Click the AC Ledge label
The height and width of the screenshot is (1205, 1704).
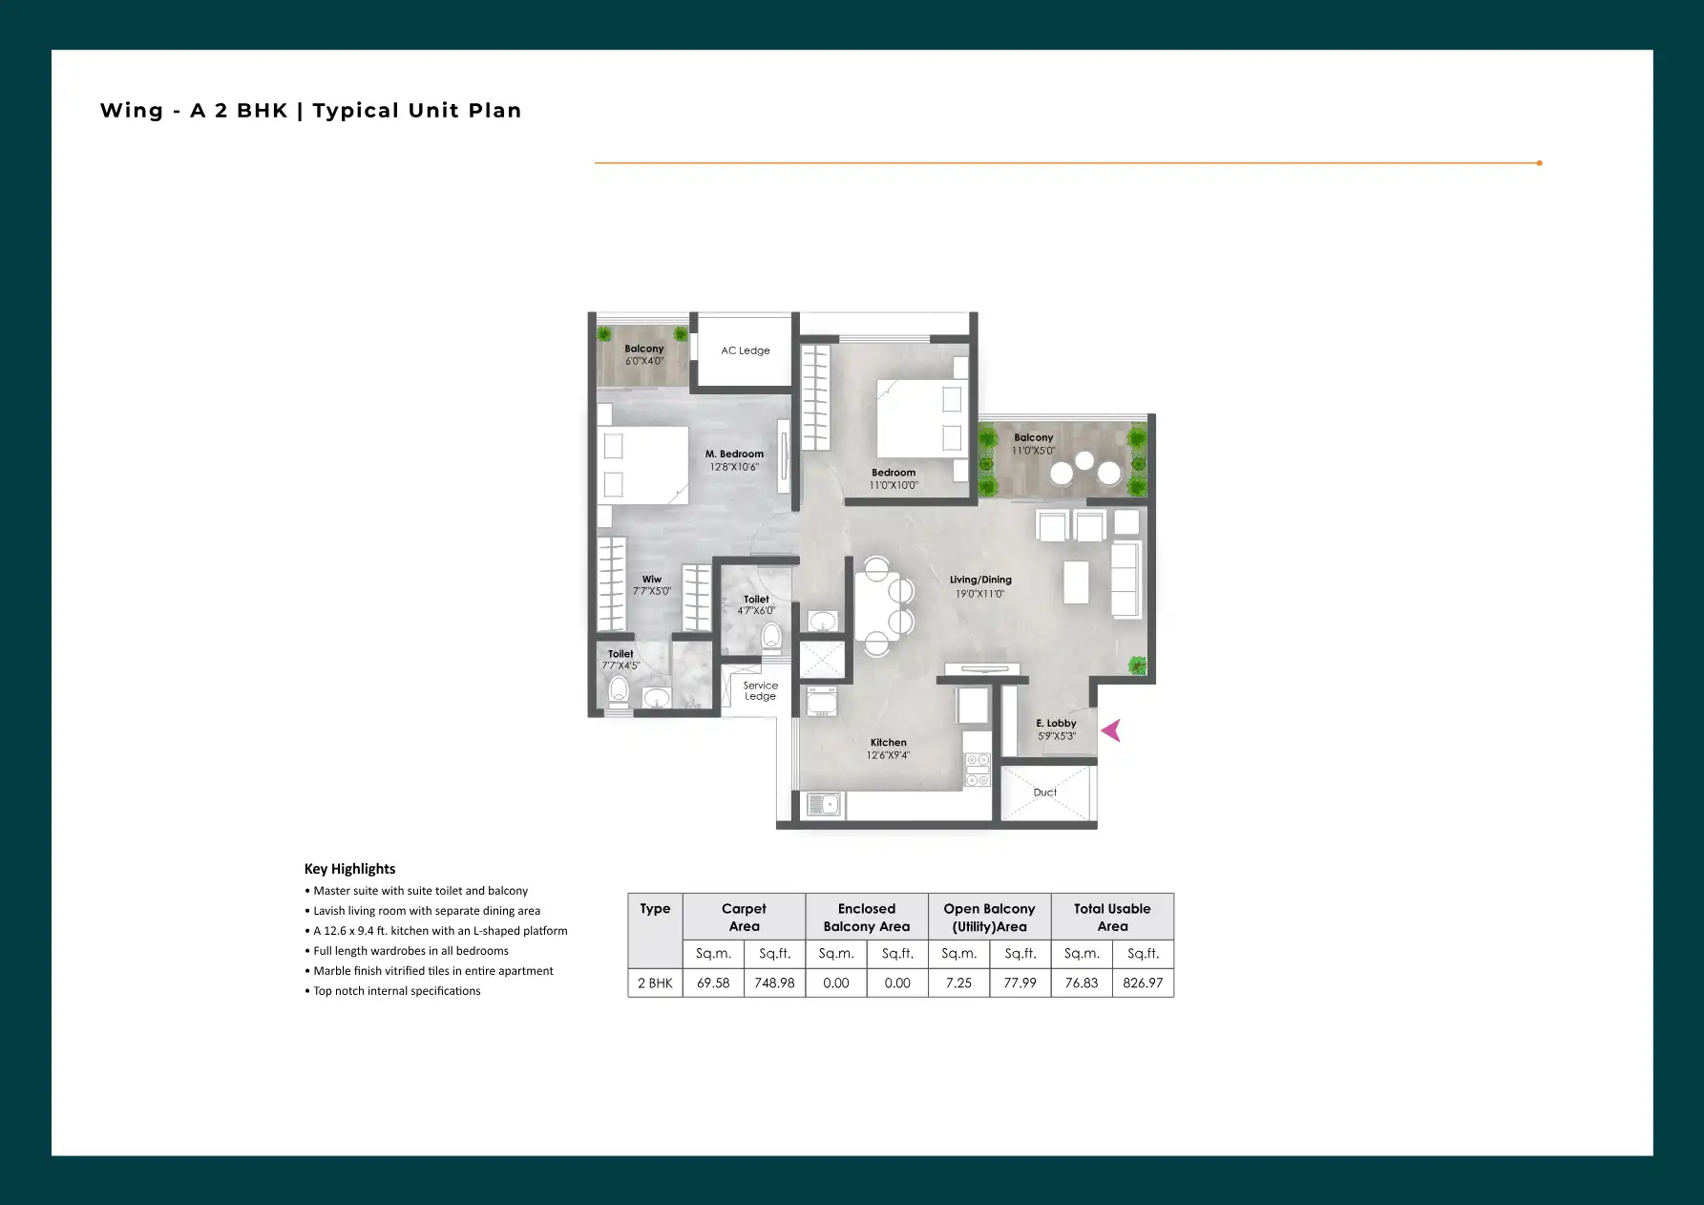pos(746,350)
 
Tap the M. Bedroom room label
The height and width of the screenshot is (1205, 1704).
pos(734,455)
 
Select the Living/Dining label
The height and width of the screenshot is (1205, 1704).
pos(980,580)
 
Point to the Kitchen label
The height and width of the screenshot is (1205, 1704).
pos(889,743)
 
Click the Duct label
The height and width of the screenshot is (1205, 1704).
pos(1045,793)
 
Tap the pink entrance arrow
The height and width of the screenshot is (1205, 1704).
pos(1111,730)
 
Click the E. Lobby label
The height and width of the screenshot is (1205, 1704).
pos(1057,724)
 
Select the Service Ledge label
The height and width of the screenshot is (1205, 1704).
pos(761,691)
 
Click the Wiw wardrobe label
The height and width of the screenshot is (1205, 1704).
pos(652,580)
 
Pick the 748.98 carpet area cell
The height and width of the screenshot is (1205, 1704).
pos(774,983)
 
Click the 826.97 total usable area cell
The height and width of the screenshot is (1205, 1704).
pos(1143,983)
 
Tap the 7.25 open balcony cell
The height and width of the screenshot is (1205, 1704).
pos(958,983)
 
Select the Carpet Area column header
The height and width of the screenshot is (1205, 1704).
pos(744,918)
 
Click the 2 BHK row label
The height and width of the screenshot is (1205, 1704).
pos(655,983)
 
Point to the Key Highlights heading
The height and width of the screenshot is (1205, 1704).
pos(349,869)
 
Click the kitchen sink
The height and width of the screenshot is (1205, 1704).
pos(824,805)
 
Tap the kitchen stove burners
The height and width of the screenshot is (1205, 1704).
pos(978,770)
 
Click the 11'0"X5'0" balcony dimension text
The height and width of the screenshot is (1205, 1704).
pos(1034,451)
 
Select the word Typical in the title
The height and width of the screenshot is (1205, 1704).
pos(356,111)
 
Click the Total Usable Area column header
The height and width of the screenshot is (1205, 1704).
pos(1112,918)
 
